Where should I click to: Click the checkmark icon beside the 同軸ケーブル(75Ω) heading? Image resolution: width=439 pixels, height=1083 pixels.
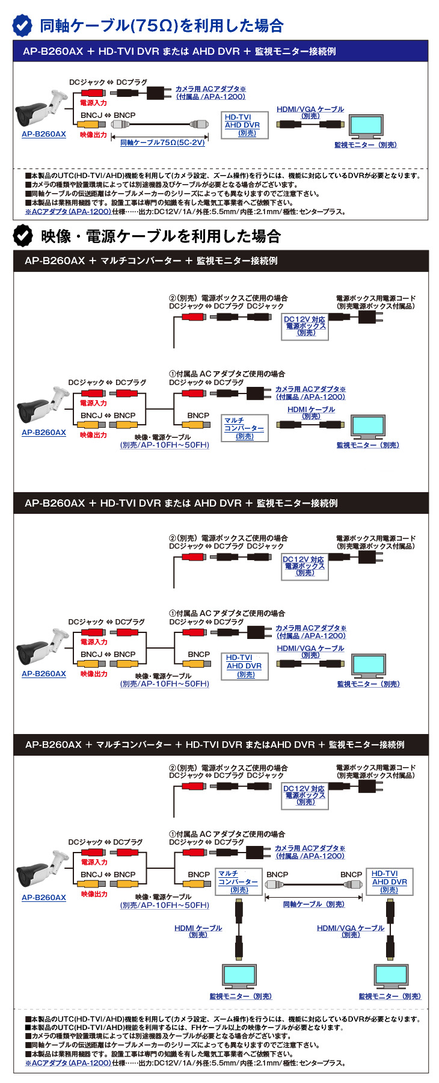[x=23, y=25]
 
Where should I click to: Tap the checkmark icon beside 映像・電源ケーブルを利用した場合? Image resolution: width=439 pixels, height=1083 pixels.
[x=23, y=236]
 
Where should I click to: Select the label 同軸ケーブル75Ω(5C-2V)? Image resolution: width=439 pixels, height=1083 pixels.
[x=162, y=143]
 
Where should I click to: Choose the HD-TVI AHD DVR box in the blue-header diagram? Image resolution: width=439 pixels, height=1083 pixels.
[x=243, y=125]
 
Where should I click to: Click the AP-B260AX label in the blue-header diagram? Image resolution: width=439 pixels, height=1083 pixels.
[x=44, y=134]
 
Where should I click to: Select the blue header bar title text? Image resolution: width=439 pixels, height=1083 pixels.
[x=179, y=52]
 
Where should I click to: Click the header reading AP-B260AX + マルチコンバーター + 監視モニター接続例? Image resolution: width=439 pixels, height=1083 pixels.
[x=151, y=261]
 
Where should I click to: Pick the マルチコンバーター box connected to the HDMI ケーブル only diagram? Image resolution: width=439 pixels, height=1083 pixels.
[x=244, y=428]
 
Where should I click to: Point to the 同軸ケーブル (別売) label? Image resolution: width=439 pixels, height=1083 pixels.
[x=313, y=904]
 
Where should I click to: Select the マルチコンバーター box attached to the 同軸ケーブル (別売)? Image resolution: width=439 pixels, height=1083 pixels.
[x=239, y=881]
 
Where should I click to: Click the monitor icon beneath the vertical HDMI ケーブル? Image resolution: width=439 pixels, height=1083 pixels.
[x=239, y=977]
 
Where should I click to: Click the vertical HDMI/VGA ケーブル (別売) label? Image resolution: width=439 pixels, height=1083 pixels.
[x=351, y=931]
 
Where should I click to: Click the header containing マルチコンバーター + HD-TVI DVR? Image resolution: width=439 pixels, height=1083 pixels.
[x=215, y=745]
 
